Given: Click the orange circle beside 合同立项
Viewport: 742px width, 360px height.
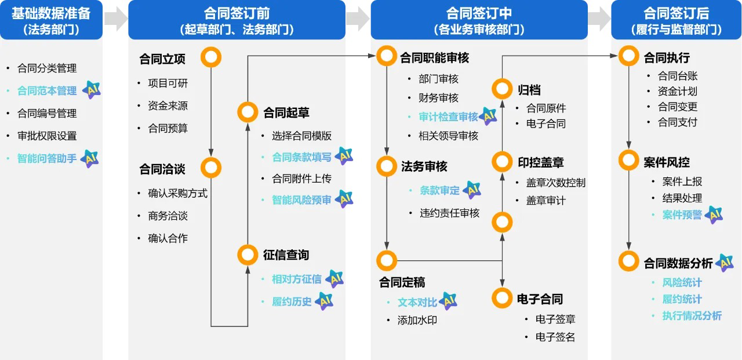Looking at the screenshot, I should [x=211, y=57].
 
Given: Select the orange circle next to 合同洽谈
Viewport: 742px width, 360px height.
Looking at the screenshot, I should [x=211, y=168].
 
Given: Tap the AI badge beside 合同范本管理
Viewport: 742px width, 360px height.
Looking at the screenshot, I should [x=91, y=90].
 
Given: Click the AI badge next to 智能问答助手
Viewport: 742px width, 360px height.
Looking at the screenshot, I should [x=89, y=158].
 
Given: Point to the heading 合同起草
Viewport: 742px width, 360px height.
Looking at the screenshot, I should [x=286, y=112].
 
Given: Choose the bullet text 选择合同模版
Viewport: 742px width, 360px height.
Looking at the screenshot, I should [x=301, y=136].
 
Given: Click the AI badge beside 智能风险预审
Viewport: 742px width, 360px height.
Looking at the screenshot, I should [x=344, y=199].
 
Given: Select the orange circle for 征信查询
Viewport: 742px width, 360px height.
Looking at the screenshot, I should [x=248, y=254].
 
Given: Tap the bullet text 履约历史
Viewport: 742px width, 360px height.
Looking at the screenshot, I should [x=292, y=301].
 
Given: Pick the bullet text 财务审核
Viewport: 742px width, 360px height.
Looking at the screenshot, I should [x=438, y=97].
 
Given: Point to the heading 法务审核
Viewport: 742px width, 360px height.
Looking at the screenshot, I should [x=424, y=166].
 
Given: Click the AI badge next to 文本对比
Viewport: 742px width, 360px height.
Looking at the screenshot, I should [x=448, y=301].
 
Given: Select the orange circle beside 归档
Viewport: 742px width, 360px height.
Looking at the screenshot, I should [x=502, y=89].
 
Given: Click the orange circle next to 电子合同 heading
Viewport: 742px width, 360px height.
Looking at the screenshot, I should [x=502, y=298].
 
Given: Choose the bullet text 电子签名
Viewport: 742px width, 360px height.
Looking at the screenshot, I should [x=555, y=337].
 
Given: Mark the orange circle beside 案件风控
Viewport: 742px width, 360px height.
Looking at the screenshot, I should [x=628, y=161].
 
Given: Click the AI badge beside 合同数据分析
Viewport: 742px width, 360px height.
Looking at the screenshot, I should [x=724, y=263].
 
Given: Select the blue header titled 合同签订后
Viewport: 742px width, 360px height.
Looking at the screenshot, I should [x=676, y=20].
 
